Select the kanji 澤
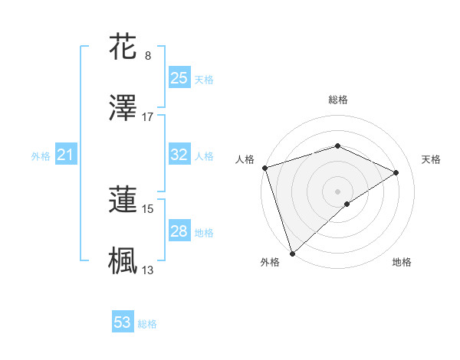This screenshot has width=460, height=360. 123,108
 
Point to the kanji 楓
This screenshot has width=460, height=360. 123,260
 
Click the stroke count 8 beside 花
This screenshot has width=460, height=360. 148,55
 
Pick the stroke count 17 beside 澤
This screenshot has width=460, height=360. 148,117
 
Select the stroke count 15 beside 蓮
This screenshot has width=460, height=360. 148,208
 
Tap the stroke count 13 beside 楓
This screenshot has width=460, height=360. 148,270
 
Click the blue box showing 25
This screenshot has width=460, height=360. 179,77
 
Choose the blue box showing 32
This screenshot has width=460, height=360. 179,155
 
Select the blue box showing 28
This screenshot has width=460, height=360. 179,231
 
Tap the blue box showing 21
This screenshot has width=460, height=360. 66,155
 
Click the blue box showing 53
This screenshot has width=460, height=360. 123,322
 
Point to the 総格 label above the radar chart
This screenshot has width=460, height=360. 338,100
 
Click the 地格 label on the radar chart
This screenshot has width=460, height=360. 402,262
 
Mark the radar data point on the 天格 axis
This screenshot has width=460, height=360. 396,172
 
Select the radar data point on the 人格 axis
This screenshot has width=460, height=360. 264,168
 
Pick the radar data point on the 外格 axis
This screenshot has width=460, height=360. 292,253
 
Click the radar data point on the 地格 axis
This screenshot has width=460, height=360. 347,204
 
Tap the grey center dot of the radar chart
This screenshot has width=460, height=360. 338,191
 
